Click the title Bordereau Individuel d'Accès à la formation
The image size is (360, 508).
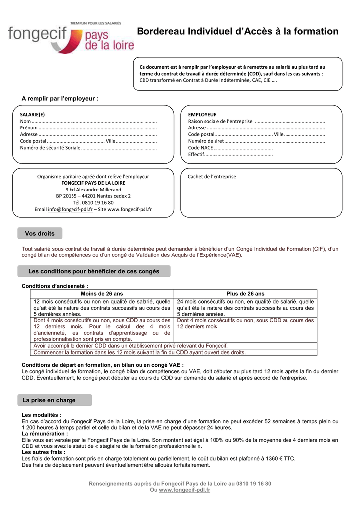pos(237,32)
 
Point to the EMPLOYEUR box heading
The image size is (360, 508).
pos(202,114)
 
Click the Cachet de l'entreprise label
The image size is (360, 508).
pos(212,176)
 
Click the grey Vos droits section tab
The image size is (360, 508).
pos(40,233)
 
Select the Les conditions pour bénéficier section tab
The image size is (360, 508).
pos(94,271)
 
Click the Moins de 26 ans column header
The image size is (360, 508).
pos(102,294)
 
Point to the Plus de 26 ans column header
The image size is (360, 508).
pos(245,294)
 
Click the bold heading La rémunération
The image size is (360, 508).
pos(45,433)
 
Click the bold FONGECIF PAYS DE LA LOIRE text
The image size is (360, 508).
pos(93,183)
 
